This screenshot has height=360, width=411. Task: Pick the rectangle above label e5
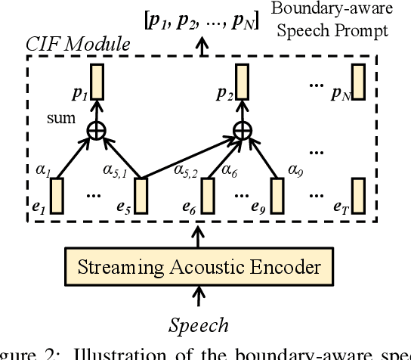[x=138, y=191]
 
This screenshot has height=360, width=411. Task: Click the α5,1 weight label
[x=117, y=172]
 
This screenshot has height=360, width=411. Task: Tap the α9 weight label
[x=297, y=170]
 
